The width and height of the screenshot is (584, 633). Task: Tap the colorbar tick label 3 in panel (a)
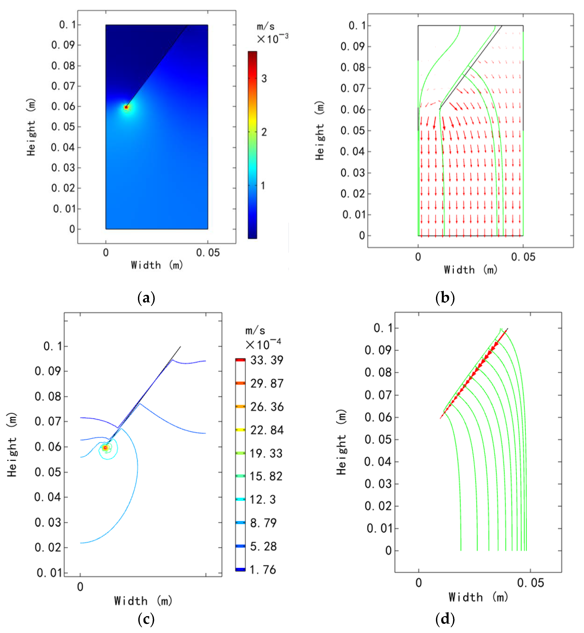(264, 79)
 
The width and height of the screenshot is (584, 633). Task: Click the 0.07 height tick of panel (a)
(63, 86)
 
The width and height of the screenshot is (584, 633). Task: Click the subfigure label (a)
(146, 298)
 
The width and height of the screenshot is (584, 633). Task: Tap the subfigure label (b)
(445, 298)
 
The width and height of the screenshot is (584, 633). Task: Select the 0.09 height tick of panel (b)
(352, 47)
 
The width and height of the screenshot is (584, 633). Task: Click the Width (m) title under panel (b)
(471, 270)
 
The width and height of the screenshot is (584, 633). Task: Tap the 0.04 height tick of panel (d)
(378, 462)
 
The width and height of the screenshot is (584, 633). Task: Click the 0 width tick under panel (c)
(80, 587)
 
